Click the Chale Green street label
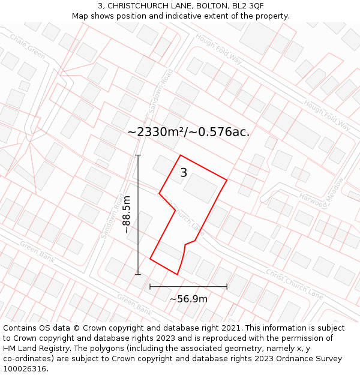[28, 46]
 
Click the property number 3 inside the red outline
[184, 173]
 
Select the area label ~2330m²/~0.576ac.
[188, 132]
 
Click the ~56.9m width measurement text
[188, 299]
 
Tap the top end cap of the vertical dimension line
[138, 155]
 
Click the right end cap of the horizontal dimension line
[227, 287]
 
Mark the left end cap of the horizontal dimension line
[150, 287]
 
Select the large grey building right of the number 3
[200, 188]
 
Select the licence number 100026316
[25, 369]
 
